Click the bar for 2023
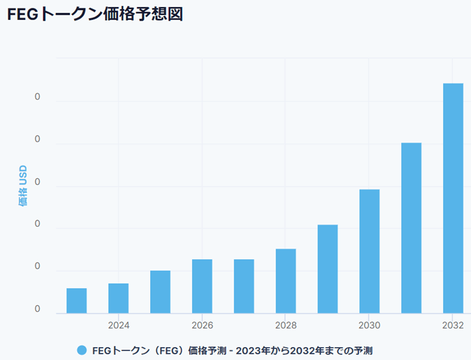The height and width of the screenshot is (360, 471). [76, 301]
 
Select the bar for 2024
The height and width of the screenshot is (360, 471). [118, 298]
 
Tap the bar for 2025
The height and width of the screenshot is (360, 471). [160, 291]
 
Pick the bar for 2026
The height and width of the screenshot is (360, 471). [202, 286]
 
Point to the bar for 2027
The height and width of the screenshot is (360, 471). [244, 286]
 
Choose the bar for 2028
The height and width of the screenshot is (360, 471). [286, 281]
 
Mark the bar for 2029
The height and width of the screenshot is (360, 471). [327, 269]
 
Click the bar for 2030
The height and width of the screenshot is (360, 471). [369, 251]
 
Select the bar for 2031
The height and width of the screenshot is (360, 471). [411, 228]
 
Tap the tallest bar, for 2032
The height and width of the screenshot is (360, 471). [453, 198]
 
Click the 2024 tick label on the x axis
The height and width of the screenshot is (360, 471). [118, 324]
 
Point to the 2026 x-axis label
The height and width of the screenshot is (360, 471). [202, 324]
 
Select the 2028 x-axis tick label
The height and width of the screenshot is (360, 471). [286, 324]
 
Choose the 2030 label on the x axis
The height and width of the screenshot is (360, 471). [369, 324]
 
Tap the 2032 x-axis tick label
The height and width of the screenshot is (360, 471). [453, 324]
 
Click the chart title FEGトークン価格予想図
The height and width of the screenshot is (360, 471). [95, 15]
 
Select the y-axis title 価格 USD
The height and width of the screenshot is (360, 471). [23, 185]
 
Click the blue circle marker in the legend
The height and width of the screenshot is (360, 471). [82, 350]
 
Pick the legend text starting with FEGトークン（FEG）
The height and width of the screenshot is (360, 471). [232, 350]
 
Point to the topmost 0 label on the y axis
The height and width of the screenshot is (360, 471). [38, 97]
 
